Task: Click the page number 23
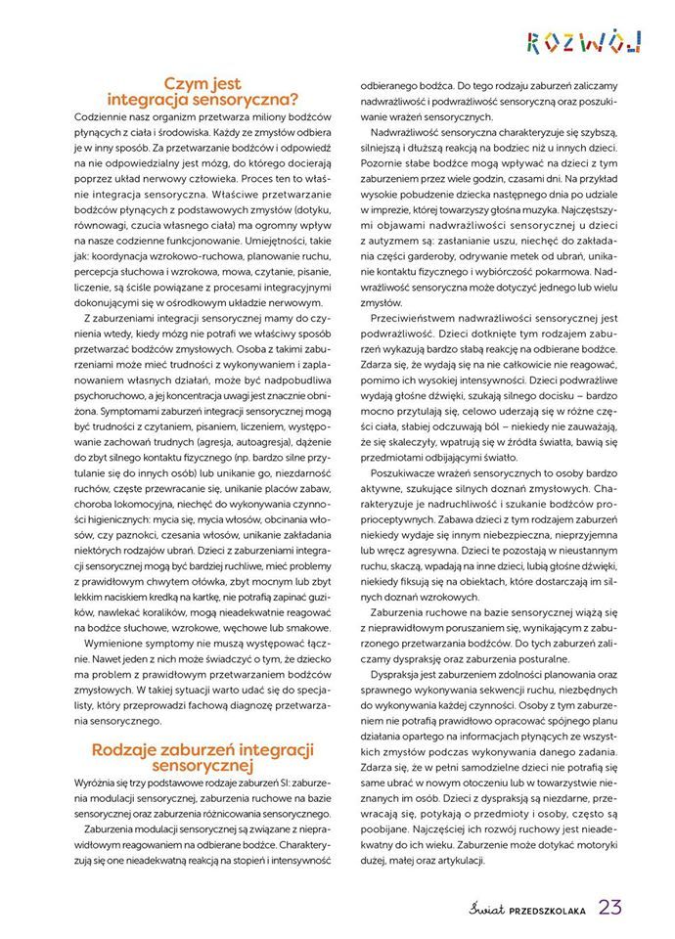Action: click(x=610, y=907)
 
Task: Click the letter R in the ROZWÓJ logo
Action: click(x=534, y=41)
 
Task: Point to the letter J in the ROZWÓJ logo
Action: click(x=635, y=41)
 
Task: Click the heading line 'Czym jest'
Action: click(x=202, y=84)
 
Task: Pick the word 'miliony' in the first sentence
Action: click(x=257, y=115)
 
